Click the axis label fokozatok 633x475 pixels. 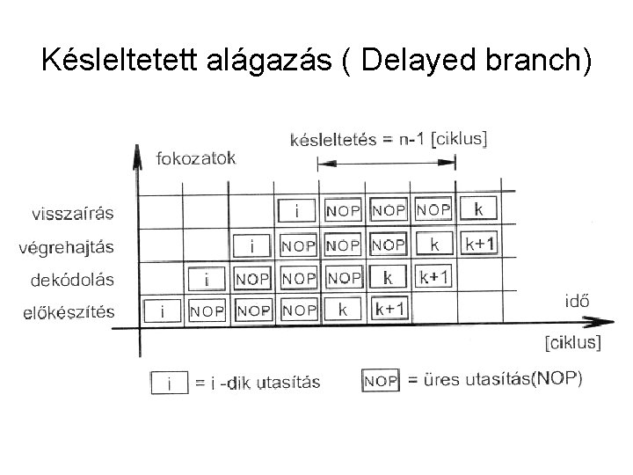(198, 158)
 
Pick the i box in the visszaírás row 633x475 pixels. (297, 211)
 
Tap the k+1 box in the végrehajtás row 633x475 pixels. (478, 244)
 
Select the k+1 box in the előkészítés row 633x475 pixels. (389, 310)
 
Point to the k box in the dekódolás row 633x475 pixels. (388, 277)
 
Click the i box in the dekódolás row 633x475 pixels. (207, 278)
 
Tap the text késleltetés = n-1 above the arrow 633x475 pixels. (355, 139)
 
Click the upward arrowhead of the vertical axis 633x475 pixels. (136, 157)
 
